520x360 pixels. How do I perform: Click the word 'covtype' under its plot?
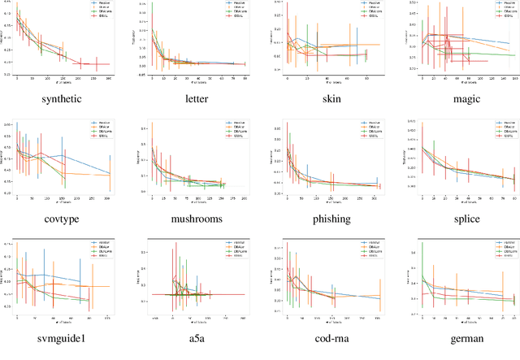click(64, 218)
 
